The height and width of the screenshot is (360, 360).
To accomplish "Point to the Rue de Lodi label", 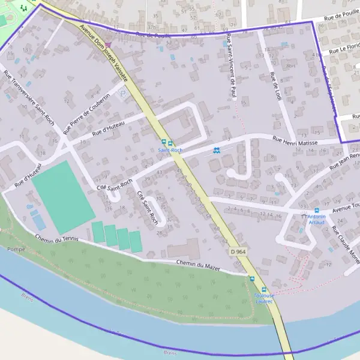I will (x=275, y=85).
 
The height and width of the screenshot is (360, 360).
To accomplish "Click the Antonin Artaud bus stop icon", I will (x=316, y=211).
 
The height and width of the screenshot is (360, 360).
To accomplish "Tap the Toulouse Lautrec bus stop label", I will (x=263, y=298).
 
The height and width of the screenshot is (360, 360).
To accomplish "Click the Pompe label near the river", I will (x=14, y=248).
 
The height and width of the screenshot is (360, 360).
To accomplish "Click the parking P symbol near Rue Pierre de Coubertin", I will (x=123, y=94).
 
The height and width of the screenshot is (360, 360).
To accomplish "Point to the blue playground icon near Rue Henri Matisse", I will (x=217, y=149).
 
